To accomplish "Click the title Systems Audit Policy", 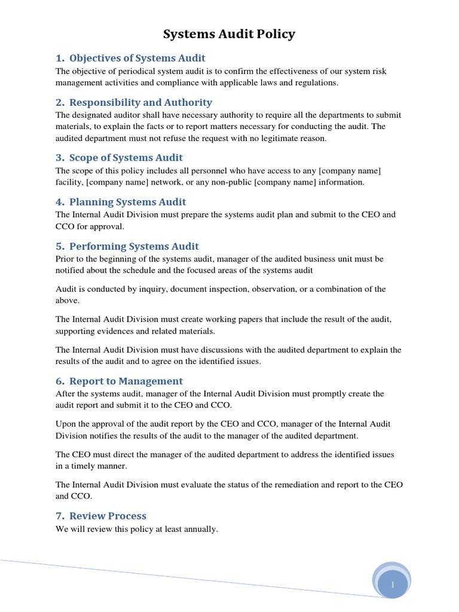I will [x=229, y=35].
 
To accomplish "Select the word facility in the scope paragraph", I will [x=69, y=182].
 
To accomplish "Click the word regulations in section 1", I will [x=316, y=82].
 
